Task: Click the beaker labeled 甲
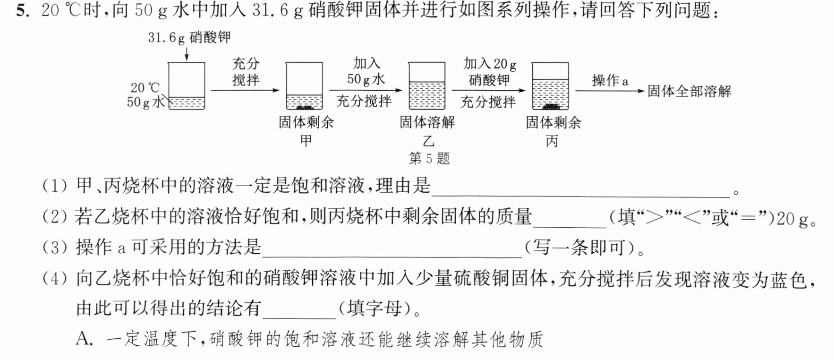point(305,86)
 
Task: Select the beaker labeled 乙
point(427,86)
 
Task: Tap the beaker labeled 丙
point(550,86)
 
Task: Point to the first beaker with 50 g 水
point(187,86)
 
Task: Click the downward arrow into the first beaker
point(187,53)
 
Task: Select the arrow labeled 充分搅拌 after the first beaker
point(245,90)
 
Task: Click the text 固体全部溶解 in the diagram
point(689,91)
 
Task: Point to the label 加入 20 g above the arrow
point(490,64)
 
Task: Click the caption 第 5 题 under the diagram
point(429,158)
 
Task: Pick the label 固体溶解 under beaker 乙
point(427,122)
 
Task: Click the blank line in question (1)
point(580,196)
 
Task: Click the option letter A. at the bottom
point(85,339)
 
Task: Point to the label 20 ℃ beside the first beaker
point(145,87)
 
